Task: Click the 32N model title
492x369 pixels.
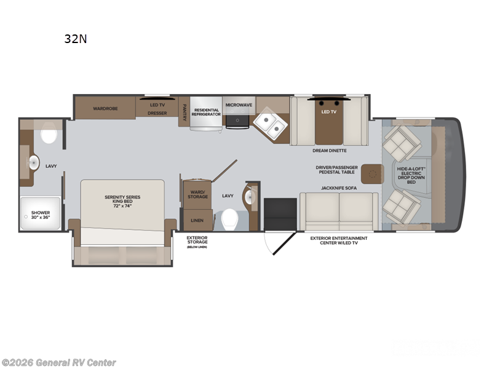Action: pos(76,39)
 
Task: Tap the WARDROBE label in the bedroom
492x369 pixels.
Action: pos(105,108)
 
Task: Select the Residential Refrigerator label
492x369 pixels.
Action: pos(205,112)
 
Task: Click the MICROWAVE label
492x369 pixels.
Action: pos(239,105)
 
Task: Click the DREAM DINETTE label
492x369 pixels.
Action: pos(330,150)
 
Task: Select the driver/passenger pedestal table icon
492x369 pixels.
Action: pos(372,174)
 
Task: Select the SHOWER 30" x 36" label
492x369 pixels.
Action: pos(41,215)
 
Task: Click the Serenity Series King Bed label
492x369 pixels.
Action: pos(122,200)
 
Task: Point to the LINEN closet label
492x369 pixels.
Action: pos(197,220)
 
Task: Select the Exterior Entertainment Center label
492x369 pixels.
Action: pos(338,240)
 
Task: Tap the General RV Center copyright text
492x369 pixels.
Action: pos(58,362)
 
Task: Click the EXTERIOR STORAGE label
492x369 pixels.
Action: pos(197,240)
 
